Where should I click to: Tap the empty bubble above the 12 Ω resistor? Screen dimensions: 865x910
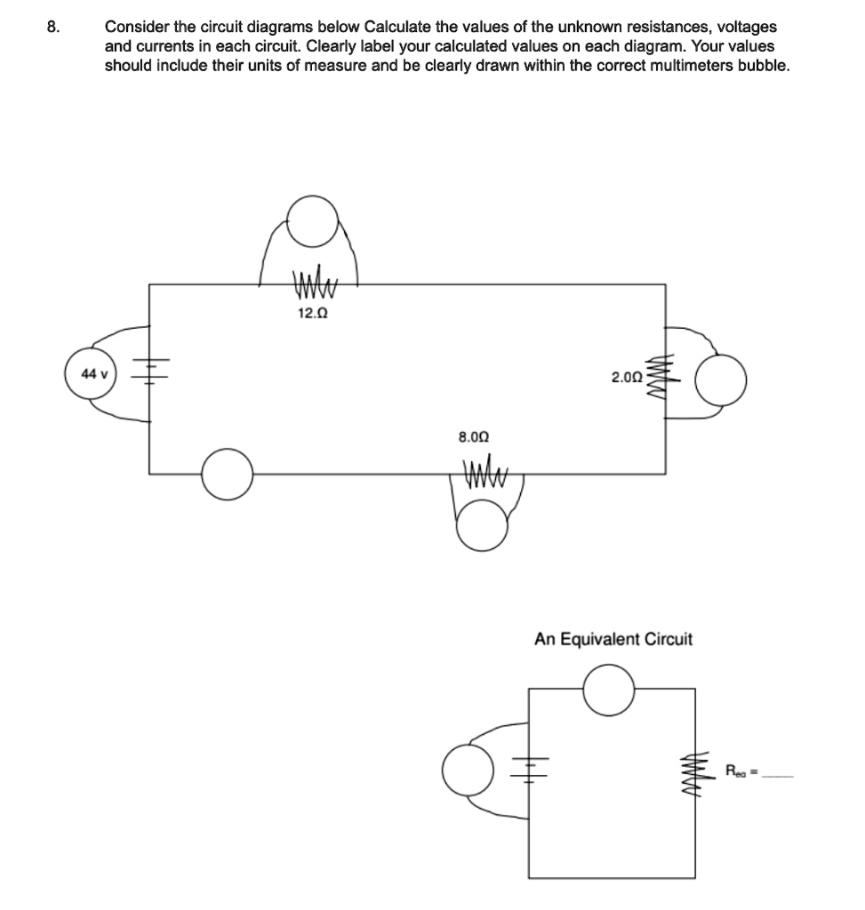pyautogui.click(x=313, y=221)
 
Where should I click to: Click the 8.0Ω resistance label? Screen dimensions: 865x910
pyautogui.click(x=473, y=437)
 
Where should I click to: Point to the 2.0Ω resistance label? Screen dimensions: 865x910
pyautogui.click(x=627, y=378)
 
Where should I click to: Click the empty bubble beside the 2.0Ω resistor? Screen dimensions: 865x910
pyautogui.click(x=720, y=379)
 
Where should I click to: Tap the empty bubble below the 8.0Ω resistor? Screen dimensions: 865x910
pyautogui.click(x=482, y=525)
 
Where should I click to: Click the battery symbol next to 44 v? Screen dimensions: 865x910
pyautogui.click(x=149, y=374)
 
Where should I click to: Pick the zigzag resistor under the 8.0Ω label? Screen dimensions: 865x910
pyautogui.click(x=485, y=483)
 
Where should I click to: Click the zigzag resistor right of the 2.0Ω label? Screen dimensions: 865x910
pyautogui.click(x=661, y=377)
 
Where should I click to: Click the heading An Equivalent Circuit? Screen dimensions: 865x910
pyautogui.click(x=613, y=639)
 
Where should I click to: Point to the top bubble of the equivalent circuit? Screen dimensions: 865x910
pyautogui.click(x=609, y=690)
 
